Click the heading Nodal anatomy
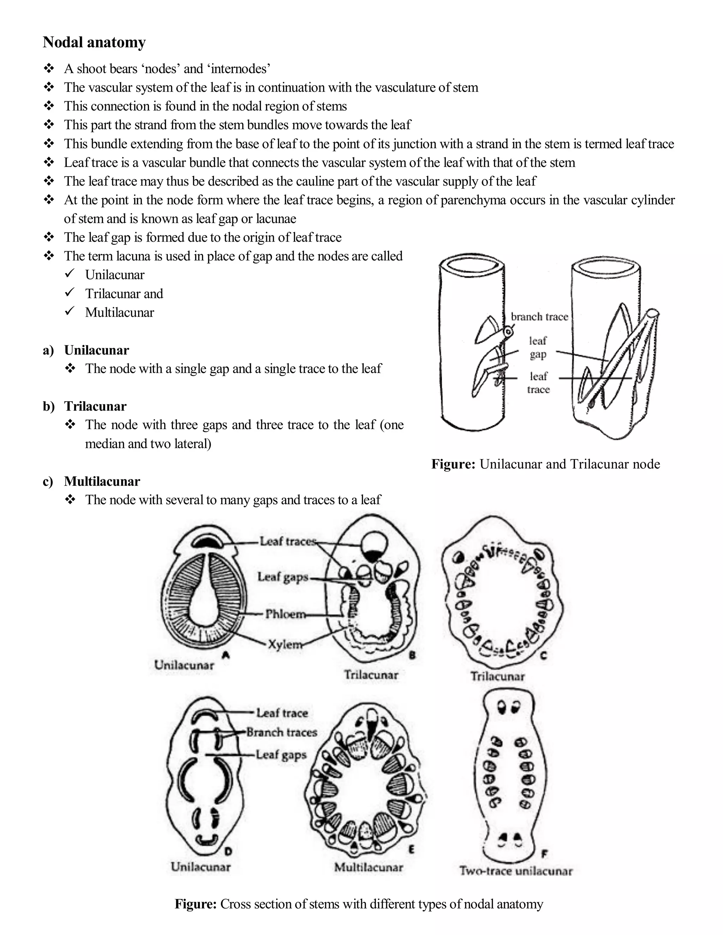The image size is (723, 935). [94, 42]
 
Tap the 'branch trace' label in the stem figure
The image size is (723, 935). [539, 317]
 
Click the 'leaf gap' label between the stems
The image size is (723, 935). [538, 348]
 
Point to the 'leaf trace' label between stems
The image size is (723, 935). [538, 383]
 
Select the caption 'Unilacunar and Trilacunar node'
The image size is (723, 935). [570, 464]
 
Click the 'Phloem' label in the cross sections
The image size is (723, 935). [285, 614]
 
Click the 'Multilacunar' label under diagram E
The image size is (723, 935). [368, 867]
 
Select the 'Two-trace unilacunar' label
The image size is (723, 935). [516, 871]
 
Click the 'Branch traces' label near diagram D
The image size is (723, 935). [282, 732]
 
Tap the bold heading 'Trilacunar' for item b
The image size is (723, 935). [95, 406]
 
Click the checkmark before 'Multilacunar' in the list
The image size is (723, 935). [70, 311]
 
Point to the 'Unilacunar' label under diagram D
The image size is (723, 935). [201, 867]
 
